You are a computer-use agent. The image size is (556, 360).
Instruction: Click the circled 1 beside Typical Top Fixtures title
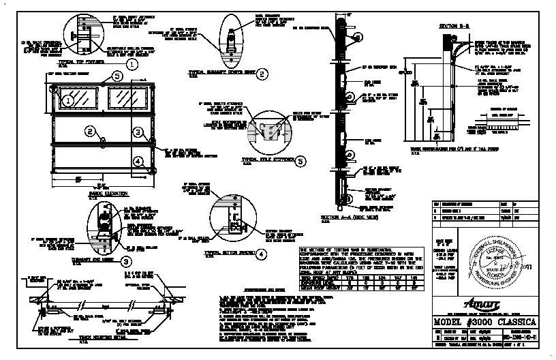(x=132, y=63)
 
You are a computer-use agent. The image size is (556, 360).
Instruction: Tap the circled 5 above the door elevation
(x=117, y=76)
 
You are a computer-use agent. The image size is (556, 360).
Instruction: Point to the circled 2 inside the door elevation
(x=89, y=130)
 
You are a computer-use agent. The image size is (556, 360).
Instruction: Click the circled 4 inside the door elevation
(x=138, y=161)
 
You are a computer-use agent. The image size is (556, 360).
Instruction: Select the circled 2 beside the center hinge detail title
(x=261, y=74)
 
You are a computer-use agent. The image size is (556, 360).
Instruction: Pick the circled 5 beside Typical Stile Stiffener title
(x=300, y=161)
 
